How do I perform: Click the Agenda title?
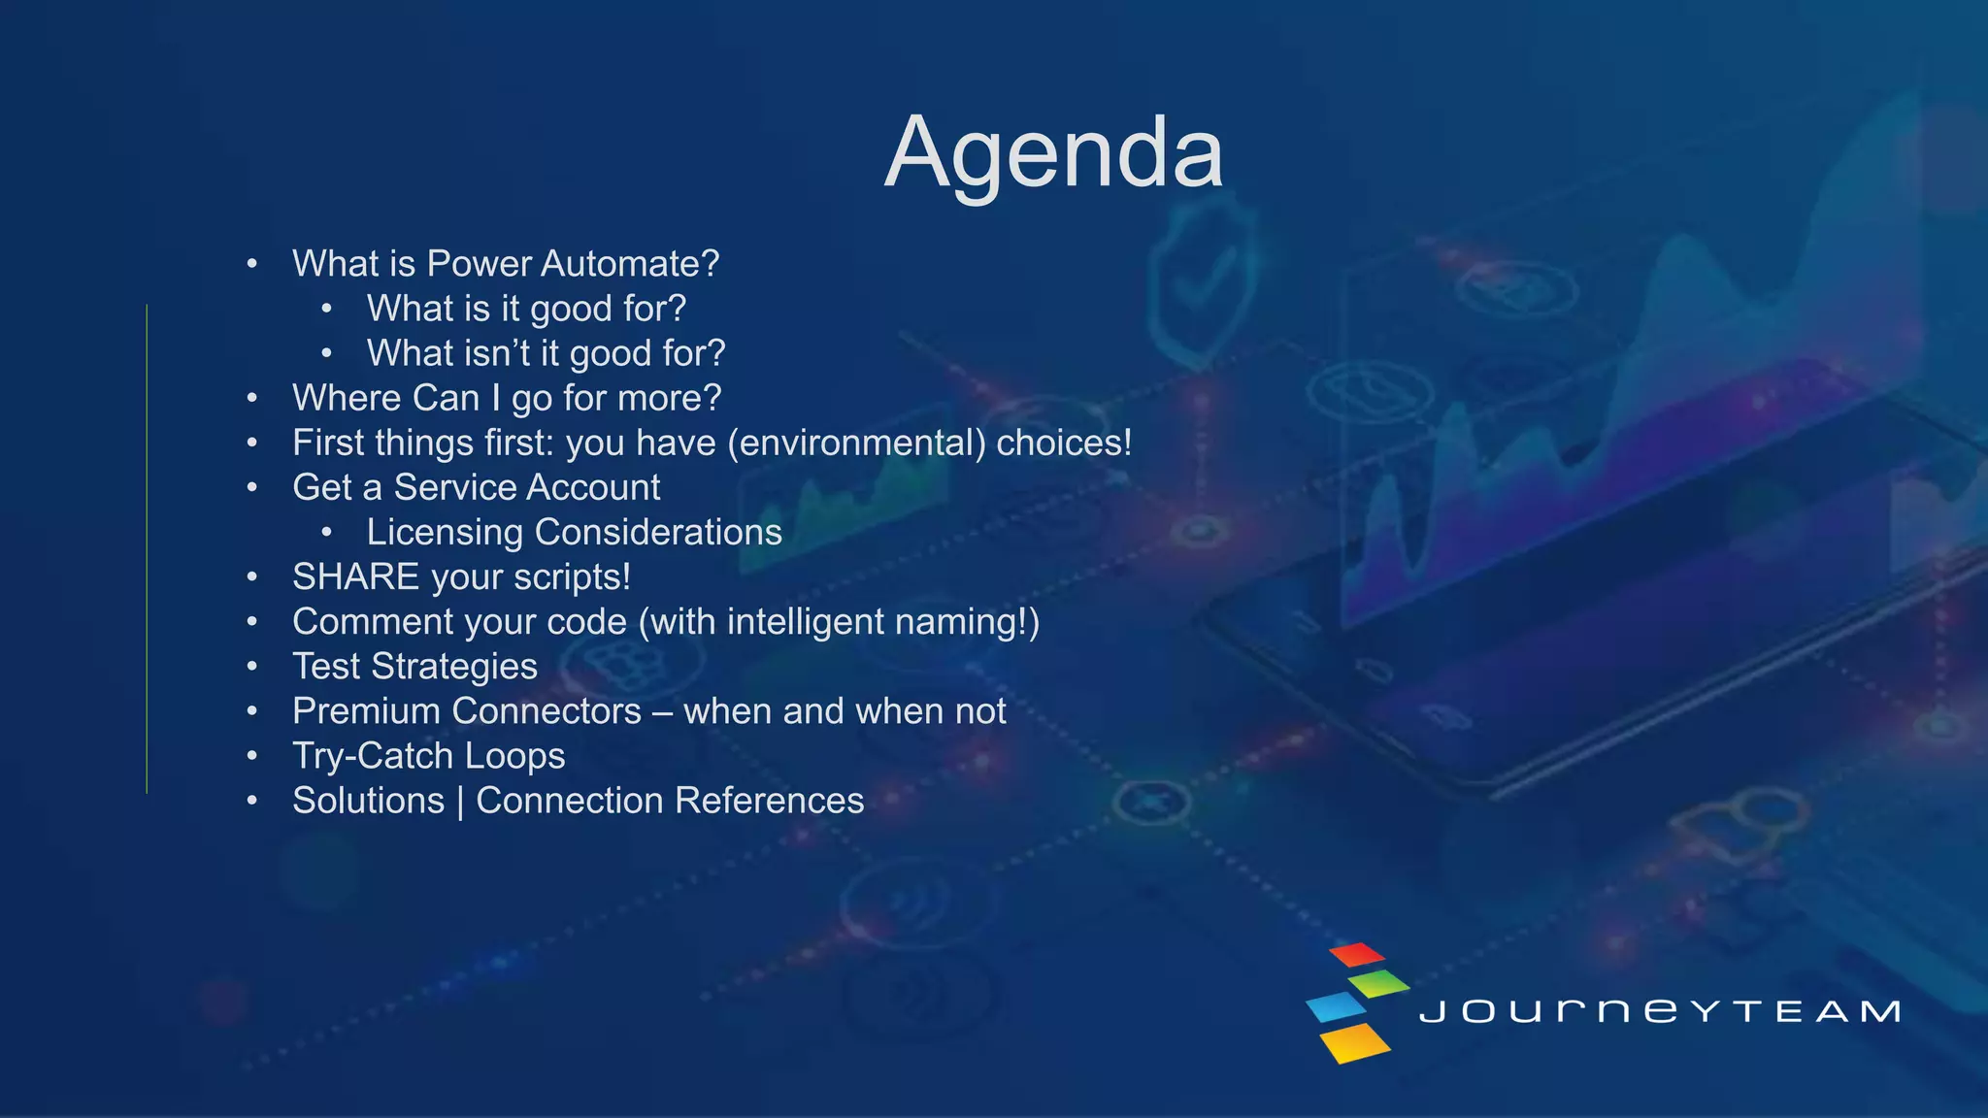1053,153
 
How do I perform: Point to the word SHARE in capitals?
355,577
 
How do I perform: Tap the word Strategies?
453,667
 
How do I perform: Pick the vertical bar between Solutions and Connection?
460,802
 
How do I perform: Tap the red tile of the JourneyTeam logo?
1356,954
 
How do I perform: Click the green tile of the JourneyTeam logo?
1379,982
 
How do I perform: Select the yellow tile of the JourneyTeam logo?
1355,1042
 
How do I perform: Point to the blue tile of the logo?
1336,1007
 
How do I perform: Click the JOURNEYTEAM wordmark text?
1659,1011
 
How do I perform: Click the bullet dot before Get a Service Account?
252,487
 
